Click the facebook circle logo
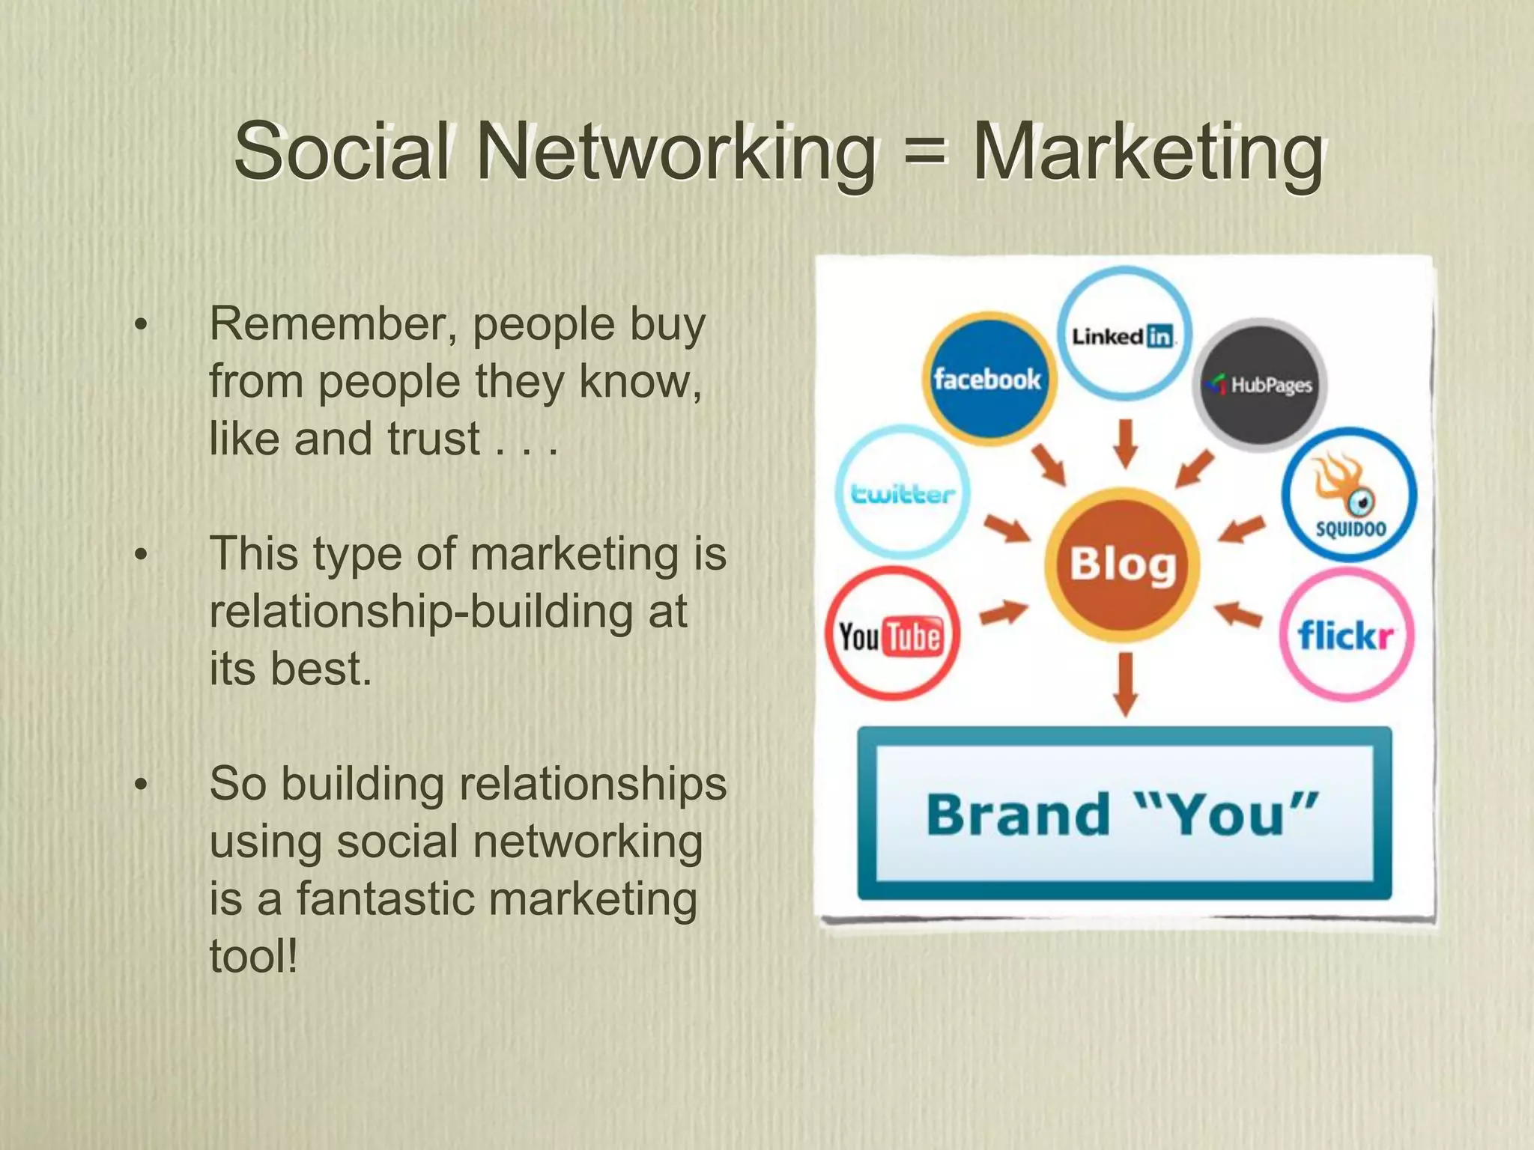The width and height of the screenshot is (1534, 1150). pyautogui.click(x=988, y=380)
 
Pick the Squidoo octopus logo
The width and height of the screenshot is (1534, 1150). pyautogui.click(x=1349, y=494)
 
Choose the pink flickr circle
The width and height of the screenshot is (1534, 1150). pyautogui.click(x=1346, y=635)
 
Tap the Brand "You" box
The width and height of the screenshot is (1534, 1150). pyautogui.click(x=1124, y=813)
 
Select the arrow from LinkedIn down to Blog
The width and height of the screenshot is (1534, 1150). pyautogui.click(x=1125, y=443)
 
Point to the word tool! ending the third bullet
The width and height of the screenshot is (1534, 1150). pyautogui.click(x=254, y=956)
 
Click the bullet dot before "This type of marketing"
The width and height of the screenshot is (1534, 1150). pyautogui.click(x=141, y=555)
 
